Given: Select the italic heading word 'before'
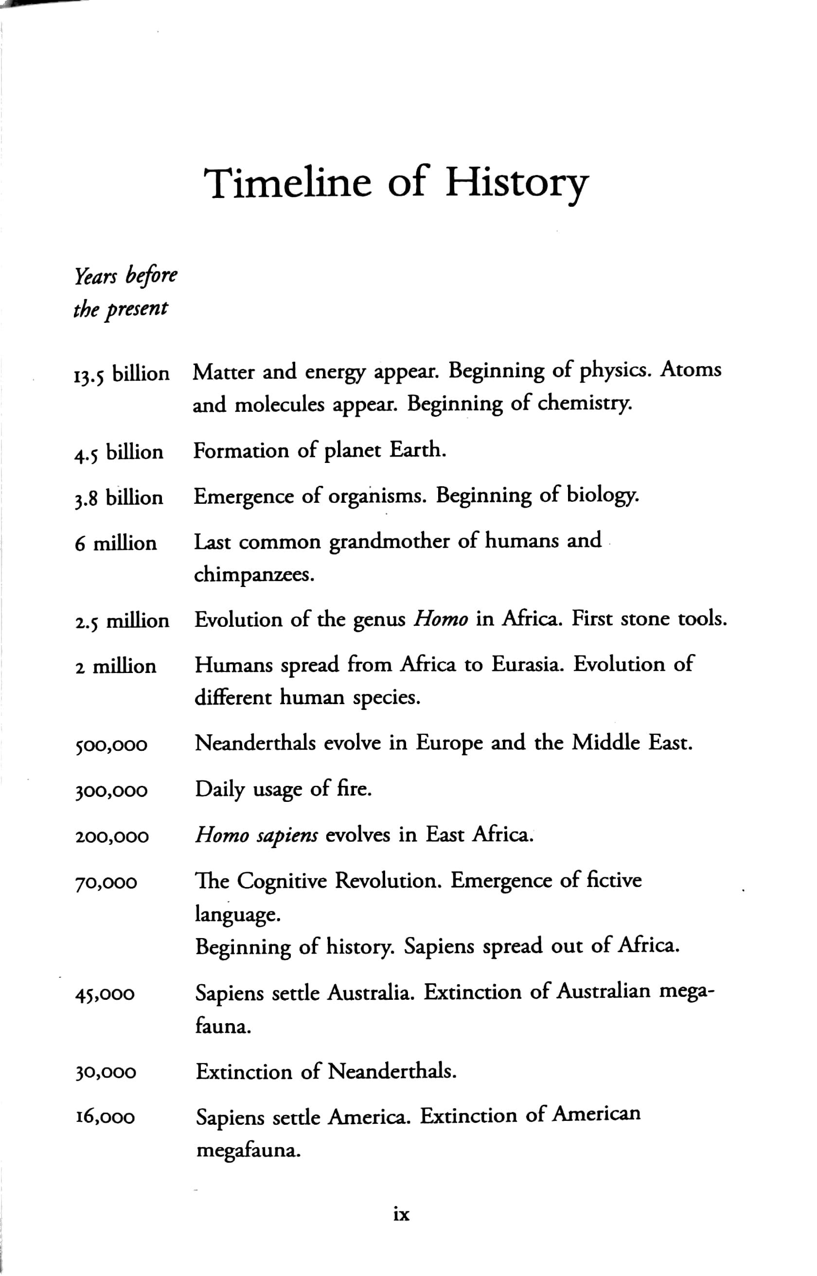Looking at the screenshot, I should pyautogui.click(x=151, y=276).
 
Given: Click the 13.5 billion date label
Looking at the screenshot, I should pyautogui.click(x=122, y=374).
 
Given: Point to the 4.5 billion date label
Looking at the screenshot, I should pyautogui.click(x=118, y=452).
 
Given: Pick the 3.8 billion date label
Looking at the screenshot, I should pyautogui.click(x=118, y=498).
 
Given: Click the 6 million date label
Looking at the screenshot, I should pyautogui.click(x=116, y=544).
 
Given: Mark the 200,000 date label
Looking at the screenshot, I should pyautogui.click(x=111, y=837).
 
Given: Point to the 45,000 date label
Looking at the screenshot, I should pyautogui.click(x=105, y=993).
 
